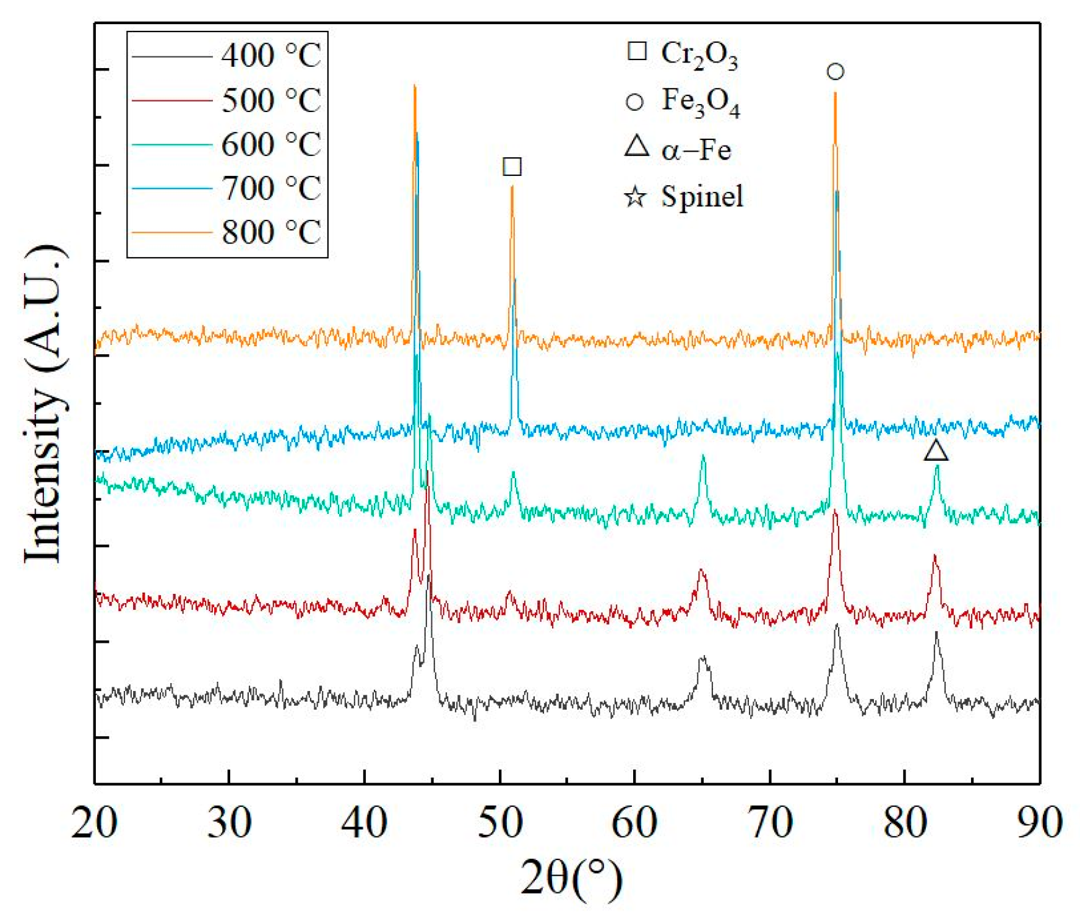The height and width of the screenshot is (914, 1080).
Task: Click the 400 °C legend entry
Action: (x=270, y=56)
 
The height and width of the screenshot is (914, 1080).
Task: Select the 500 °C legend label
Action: (x=270, y=100)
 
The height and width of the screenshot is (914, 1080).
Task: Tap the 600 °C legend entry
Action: (x=270, y=144)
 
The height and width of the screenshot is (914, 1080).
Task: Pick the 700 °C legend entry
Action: (x=270, y=188)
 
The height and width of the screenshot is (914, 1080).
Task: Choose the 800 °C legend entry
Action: (x=270, y=233)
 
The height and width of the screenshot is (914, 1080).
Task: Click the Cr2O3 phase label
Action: (x=699, y=54)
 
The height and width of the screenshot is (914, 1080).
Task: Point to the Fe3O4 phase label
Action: (x=700, y=102)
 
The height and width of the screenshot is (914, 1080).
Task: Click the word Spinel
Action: (x=702, y=197)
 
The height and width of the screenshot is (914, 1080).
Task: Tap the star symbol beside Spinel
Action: (x=635, y=198)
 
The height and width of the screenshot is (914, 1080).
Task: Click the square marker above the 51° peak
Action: (x=512, y=167)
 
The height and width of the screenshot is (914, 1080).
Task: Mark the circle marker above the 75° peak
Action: (x=835, y=72)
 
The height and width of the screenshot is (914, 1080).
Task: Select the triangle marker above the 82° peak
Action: (x=936, y=451)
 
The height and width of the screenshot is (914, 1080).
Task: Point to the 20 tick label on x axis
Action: (x=94, y=823)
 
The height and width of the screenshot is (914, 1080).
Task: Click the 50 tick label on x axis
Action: (x=499, y=823)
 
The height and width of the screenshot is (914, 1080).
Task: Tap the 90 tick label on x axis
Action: (x=1040, y=823)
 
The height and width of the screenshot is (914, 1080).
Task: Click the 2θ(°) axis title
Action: (x=571, y=879)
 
